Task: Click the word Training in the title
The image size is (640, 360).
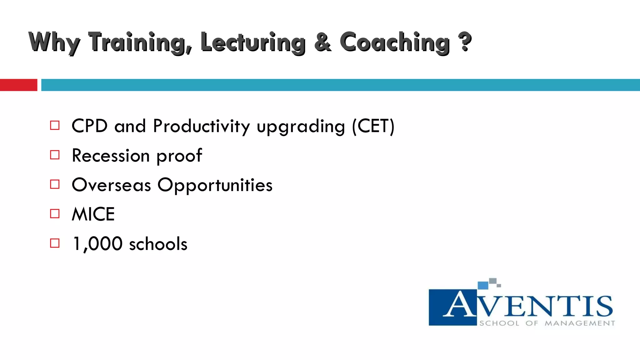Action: click(139, 42)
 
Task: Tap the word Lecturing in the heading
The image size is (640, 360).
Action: click(252, 42)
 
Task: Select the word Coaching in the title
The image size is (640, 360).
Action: click(394, 42)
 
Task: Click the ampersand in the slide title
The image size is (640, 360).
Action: click(322, 42)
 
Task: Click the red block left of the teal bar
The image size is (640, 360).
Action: click(18, 85)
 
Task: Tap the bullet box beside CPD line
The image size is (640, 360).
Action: click(55, 126)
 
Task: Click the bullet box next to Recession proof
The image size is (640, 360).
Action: click(55, 155)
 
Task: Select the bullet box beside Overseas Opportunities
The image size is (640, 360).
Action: click(55, 184)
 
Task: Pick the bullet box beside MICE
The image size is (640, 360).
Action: click(55, 214)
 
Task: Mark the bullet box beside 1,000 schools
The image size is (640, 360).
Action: click(55, 243)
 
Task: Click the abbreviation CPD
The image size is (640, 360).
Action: click(90, 126)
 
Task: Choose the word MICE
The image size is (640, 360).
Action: click(93, 214)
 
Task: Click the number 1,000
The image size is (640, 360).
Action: click(97, 244)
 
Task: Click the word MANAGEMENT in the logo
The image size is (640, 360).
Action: click(580, 323)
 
